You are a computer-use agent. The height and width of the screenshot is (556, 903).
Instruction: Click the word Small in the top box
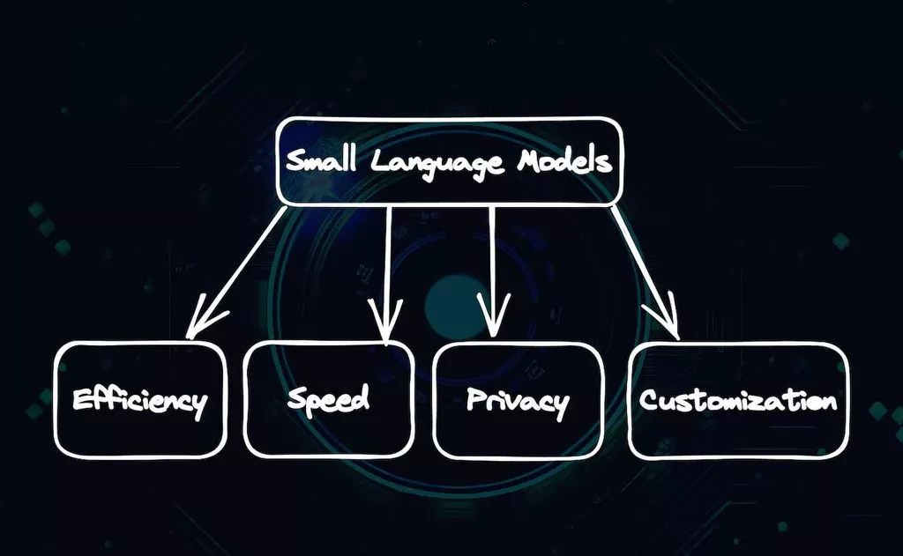click(325, 161)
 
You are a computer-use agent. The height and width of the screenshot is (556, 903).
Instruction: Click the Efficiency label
click(139, 401)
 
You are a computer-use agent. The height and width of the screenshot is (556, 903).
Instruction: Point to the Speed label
click(328, 399)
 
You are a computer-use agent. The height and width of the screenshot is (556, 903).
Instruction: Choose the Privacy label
click(518, 401)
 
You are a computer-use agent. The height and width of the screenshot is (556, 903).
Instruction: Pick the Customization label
click(737, 401)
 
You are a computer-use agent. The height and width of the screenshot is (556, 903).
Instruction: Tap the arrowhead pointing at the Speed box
click(384, 326)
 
